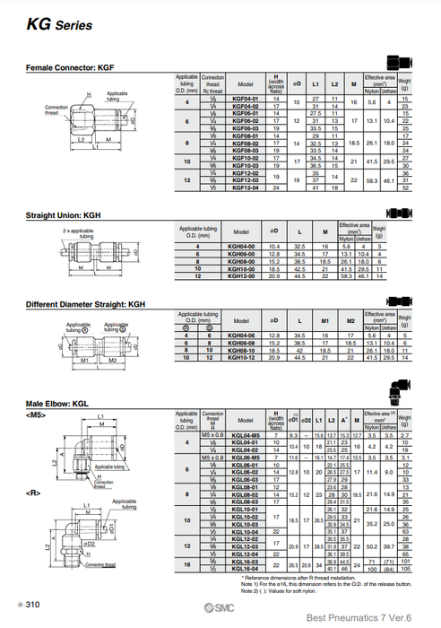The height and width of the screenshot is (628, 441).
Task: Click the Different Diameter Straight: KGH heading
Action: [85, 303]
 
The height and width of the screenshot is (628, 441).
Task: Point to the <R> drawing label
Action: [33, 493]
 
